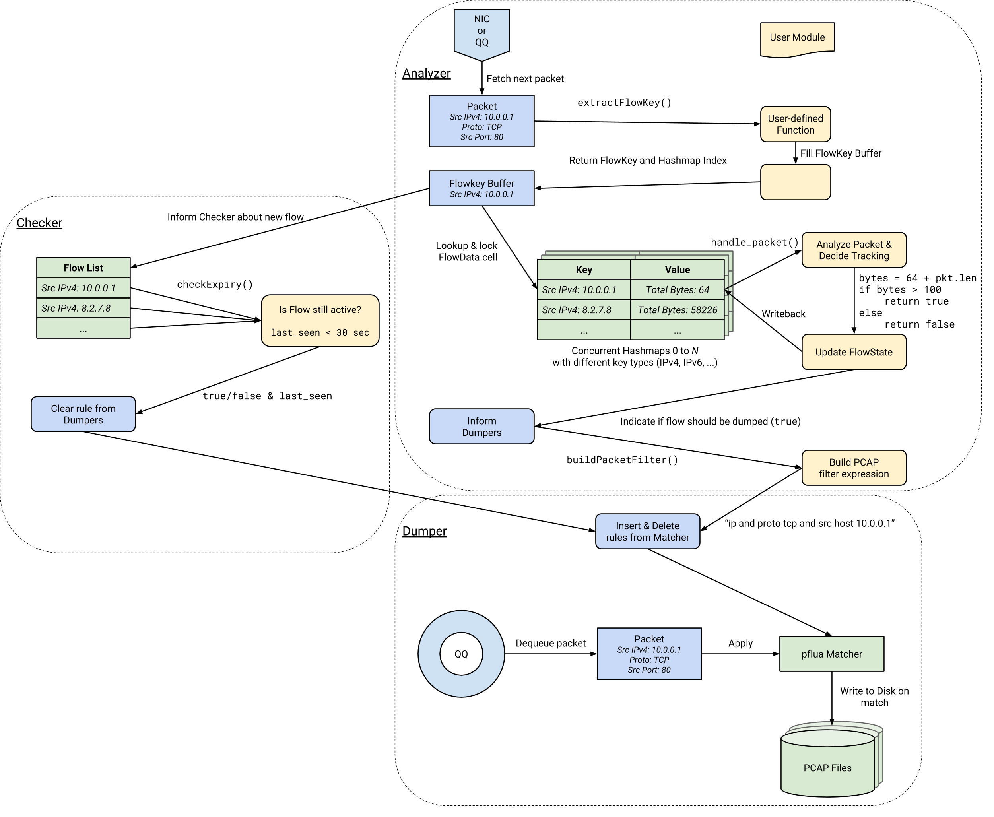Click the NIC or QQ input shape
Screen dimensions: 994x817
pyautogui.click(x=481, y=32)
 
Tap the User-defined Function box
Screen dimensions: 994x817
pyautogui.click(x=795, y=124)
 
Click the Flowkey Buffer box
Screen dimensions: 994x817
pyautogui.click(x=481, y=188)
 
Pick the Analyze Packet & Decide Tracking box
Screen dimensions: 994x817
pyautogui.click(x=854, y=250)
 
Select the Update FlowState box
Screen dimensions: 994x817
pyautogui.click(x=854, y=352)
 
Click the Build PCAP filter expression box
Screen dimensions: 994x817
pyautogui.click(x=854, y=468)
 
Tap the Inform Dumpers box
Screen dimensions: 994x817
pyautogui.click(x=481, y=426)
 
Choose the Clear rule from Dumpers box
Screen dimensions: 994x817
pyautogui.click(x=83, y=414)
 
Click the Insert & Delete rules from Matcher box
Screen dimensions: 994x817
pyautogui.click(x=648, y=531)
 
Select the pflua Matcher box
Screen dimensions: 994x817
pyautogui.click(x=832, y=654)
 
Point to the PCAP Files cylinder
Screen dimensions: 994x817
pyautogui.click(x=827, y=768)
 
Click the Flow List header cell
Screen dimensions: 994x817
pyautogui.click(x=83, y=268)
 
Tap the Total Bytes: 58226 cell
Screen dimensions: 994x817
pyautogui.click(x=677, y=310)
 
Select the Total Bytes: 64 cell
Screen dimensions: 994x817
pyautogui.click(x=677, y=290)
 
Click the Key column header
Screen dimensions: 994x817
pyautogui.click(x=584, y=270)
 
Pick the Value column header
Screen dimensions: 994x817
pyautogui.click(x=677, y=270)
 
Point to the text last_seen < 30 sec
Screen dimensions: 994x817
pyautogui.click(x=320, y=333)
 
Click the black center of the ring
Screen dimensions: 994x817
pyautogui.click(x=461, y=654)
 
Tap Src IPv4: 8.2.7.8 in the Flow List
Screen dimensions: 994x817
pyautogui.click(x=76, y=308)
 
